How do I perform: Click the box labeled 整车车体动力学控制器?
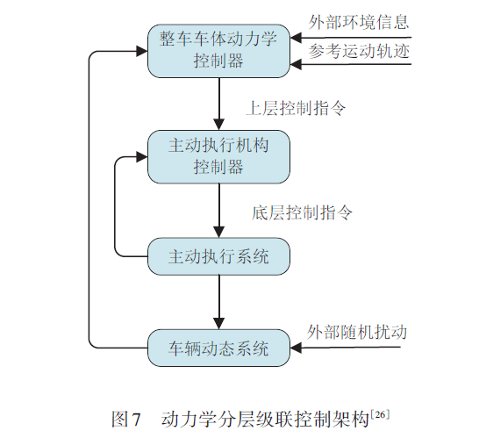(x=218, y=51)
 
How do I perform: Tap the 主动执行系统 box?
(x=218, y=257)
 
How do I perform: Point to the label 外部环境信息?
(x=359, y=21)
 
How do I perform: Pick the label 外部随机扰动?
(x=357, y=332)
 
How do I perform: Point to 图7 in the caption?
(x=126, y=417)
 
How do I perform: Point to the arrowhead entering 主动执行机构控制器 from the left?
(x=140, y=157)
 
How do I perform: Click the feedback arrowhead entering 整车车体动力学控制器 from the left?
(x=140, y=51)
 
